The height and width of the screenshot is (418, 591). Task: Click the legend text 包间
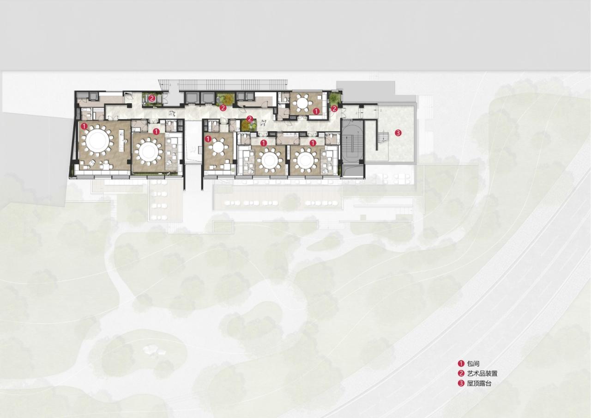(x=473, y=364)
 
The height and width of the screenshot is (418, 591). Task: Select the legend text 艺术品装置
(x=482, y=374)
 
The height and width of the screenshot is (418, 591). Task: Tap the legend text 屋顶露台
(x=479, y=383)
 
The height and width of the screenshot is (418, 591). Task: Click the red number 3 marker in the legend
(x=461, y=383)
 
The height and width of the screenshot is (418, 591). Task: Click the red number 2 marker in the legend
(x=461, y=374)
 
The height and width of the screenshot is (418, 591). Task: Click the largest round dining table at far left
(x=97, y=141)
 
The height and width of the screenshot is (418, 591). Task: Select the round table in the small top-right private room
(x=303, y=102)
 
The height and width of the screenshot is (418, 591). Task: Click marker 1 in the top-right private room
(x=316, y=111)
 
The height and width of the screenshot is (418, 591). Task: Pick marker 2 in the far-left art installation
(x=151, y=98)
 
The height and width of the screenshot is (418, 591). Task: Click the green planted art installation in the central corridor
(x=248, y=125)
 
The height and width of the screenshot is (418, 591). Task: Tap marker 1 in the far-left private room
(x=84, y=125)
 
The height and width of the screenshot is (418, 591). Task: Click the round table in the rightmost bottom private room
(x=306, y=160)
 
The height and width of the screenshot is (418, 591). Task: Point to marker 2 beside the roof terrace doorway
(x=334, y=109)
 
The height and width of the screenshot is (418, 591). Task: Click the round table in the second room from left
(x=148, y=151)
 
